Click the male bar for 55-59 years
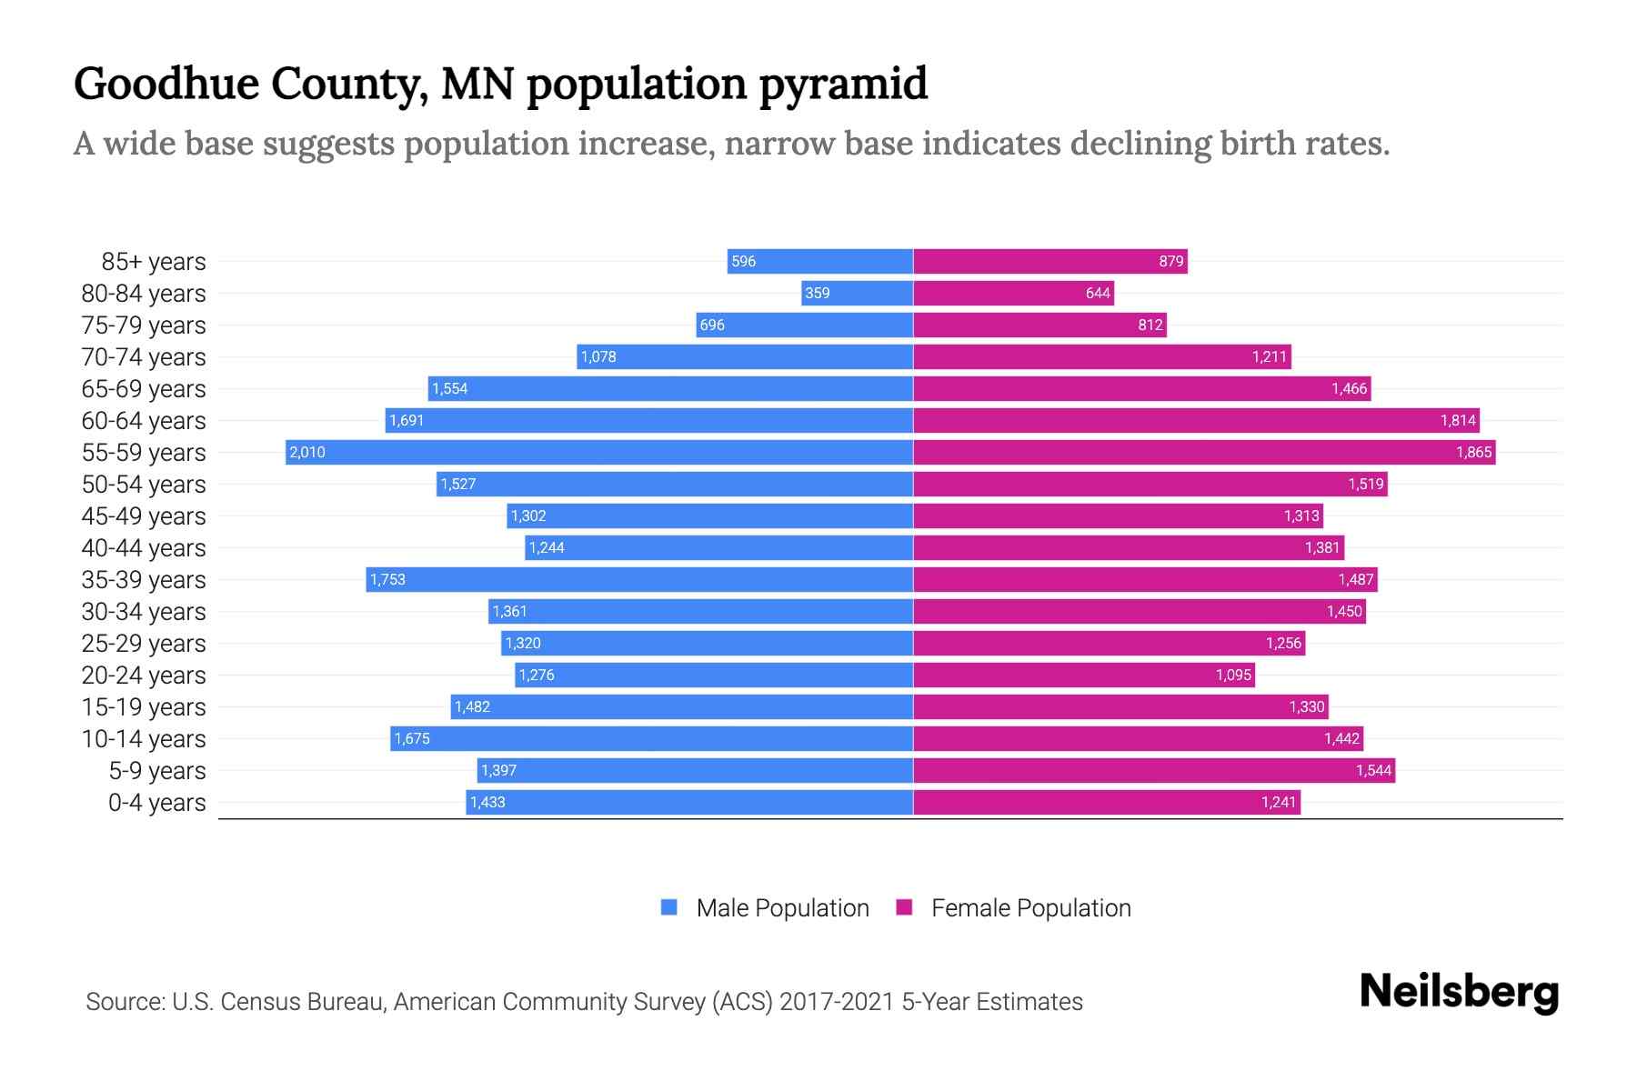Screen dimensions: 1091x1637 coord(600,452)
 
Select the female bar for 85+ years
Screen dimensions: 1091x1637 coord(1050,261)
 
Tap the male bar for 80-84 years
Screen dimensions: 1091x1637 coord(858,293)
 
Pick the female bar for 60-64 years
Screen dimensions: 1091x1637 coord(1196,420)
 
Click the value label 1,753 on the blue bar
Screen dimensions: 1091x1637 coord(387,579)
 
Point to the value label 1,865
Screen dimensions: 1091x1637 coord(1473,452)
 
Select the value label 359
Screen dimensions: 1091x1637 coord(817,293)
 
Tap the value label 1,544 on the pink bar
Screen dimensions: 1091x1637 coord(1373,770)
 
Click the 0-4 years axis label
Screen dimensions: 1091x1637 coord(156,802)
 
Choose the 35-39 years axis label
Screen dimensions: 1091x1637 coord(144,579)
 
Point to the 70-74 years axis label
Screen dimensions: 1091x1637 coord(144,356)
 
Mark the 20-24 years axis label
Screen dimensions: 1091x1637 coord(144,675)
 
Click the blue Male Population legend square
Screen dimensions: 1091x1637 coord(669,907)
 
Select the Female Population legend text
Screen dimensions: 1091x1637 coord(1030,907)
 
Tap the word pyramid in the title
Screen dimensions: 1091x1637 coord(843,84)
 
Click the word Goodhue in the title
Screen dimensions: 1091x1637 coord(166,84)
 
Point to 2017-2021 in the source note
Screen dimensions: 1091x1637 coord(837,1001)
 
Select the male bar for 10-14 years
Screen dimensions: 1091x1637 coord(651,738)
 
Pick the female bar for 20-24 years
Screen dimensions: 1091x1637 coord(1084,675)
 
